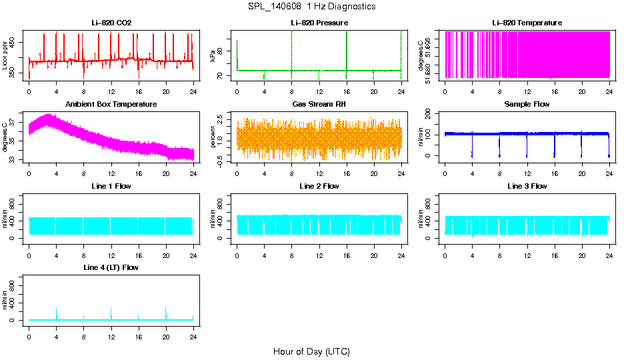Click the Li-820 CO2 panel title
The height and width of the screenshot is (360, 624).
[111, 23]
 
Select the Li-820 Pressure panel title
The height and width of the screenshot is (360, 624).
[319, 23]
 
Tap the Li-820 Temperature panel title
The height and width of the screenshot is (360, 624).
[527, 23]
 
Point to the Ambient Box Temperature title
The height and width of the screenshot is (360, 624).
[111, 105]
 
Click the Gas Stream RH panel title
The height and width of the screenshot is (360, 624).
[319, 105]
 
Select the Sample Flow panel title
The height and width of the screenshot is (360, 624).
[527, 105]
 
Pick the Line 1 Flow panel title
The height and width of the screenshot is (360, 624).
[111, 186]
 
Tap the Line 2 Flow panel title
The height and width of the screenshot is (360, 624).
[319, 186]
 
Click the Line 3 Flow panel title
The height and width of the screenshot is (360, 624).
[527, 186]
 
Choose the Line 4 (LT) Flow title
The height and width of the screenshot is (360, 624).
[111, 267]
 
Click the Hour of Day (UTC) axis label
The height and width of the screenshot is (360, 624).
[311, 351]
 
